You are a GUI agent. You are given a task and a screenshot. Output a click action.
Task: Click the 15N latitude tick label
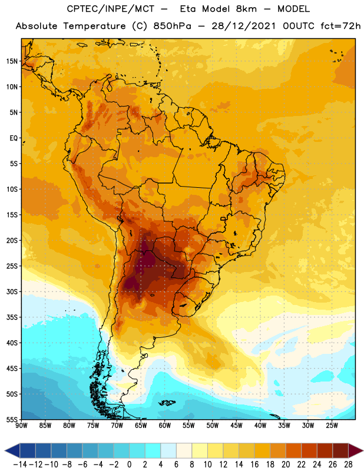tap(12, 61)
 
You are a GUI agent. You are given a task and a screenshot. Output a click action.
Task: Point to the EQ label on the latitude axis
tap(14, 138)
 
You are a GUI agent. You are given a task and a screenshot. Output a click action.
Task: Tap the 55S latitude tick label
tap(12, 419)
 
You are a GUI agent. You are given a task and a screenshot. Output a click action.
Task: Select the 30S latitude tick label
tap(12, 291)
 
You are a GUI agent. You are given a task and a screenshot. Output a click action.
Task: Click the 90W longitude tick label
tap(21, 425)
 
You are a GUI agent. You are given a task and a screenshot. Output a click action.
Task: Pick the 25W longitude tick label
tap(332, 425)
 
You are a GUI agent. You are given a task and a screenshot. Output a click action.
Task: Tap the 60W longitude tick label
tap(165, 425)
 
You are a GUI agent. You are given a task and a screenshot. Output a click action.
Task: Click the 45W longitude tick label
tap(237, 425)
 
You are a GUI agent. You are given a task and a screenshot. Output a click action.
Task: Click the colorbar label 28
tap(348, 465)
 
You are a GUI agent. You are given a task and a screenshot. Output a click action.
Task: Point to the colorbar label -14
tap(20, 465)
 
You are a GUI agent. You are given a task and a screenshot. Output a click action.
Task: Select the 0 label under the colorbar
tap(129, 465)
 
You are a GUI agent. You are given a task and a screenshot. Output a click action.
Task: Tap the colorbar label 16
tap(254, 465)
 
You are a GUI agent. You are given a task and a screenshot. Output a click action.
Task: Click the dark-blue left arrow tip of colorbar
tap(5, 451)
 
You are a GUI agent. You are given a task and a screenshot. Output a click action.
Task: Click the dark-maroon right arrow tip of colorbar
tap(363, 451)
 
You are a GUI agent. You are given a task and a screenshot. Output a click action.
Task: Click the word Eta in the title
tap(188, 9)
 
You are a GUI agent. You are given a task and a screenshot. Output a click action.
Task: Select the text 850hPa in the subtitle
tap(172, 26)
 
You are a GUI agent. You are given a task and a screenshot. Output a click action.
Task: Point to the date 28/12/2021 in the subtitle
tap(243, 26)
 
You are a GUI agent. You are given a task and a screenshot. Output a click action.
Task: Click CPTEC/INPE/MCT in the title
tap(110, 9)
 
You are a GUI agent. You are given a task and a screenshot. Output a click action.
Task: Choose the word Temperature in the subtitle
tap(94, 26)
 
